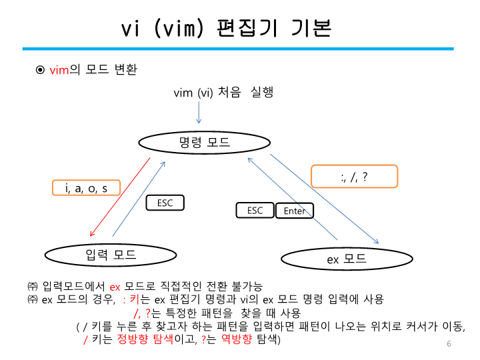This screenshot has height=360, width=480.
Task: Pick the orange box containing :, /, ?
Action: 354,176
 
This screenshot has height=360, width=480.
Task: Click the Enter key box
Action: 295,211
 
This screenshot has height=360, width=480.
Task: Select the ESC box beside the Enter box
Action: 255,210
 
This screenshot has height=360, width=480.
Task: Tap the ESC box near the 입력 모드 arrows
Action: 165,203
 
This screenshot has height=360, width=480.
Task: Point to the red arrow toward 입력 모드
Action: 120,197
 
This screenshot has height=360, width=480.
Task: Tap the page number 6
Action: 449,344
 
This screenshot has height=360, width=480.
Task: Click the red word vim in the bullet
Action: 59,70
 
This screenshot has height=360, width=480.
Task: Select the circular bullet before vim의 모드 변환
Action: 40,70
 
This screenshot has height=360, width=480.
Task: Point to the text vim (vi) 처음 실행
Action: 223,93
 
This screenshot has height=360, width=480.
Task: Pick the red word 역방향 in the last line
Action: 237,339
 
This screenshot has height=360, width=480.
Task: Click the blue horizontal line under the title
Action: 237,49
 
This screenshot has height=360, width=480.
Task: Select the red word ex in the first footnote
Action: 115,286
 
